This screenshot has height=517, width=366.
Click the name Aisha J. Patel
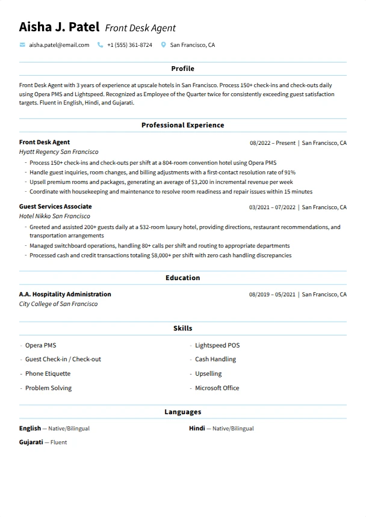(x=59, y=27)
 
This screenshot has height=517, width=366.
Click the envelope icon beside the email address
(x=22, y=45)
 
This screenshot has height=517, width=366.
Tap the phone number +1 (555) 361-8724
(x=129, y=45)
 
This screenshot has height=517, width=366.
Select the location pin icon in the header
(x=164, y=45)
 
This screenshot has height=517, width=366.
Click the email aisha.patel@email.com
(x=59, y=45)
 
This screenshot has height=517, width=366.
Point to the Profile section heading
(x=182, y=69)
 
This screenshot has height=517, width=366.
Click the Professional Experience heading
(x=182, y=125)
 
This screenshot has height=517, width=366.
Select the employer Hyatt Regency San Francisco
(x=58, y=152)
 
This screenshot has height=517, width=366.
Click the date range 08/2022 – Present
(x=272, y=143)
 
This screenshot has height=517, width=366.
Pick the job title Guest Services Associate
(x=55, y=206)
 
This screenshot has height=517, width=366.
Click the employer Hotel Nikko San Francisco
(x=54, y=216)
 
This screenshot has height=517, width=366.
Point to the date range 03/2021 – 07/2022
(x=272, y=207)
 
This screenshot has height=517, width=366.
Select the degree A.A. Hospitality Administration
(x=65, y=294)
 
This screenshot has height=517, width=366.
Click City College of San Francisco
(x=58, y=304)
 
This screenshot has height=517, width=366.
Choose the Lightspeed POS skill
(x=217, y=345)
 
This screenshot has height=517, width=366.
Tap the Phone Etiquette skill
(x=48, y=373)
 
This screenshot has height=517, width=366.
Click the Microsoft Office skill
(x=217, y=388)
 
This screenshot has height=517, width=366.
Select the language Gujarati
(x=31, y=442)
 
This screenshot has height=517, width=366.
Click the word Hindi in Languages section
(x=197, y=428)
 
